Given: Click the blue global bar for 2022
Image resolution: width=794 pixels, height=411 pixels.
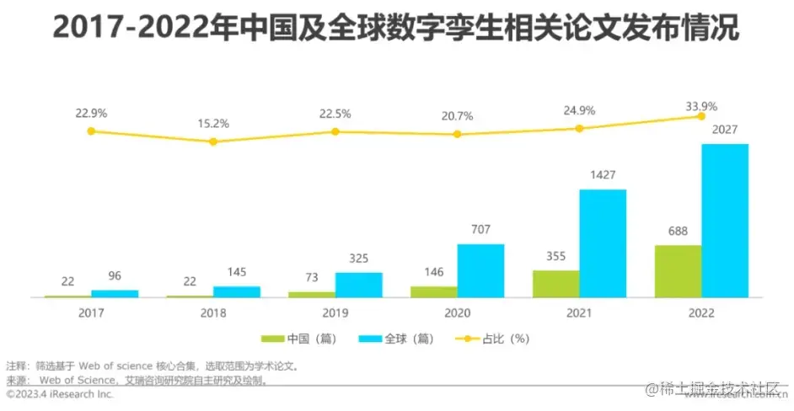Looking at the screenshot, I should (x=725, y=221).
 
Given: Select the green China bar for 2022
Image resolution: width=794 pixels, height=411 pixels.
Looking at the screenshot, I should (x=678, y=271).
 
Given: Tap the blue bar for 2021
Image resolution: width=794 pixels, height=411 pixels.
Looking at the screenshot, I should (x=603, y=243).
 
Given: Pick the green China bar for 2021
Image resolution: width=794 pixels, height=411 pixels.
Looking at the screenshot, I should (x=555, y=284).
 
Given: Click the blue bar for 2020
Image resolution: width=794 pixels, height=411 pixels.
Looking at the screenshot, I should (x=480, y=270).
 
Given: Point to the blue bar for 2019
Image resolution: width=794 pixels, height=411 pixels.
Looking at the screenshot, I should (x=358, y=285).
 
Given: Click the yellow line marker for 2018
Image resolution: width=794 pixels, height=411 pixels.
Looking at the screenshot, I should (x=213, y=141).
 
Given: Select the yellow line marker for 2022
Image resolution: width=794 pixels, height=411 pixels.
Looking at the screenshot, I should (x=700, y=116).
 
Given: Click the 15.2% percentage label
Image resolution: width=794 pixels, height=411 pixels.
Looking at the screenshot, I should (x=213, y=123).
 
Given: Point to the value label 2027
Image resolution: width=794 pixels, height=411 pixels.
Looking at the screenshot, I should (x=725, y=130).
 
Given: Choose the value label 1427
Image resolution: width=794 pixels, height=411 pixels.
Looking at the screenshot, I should (x=603, y=175).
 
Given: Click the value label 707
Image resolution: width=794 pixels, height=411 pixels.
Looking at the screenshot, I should (x=480, y=229).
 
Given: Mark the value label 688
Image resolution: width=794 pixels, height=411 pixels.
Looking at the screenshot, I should (x=678, y=231).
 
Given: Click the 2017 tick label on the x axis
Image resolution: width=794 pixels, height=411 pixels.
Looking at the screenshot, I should (x=91, y=312).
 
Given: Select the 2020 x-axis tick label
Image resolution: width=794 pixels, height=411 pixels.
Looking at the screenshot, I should (x=457, y=312).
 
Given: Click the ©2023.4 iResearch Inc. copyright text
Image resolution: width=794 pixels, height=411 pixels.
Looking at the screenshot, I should (x=59, y=393).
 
